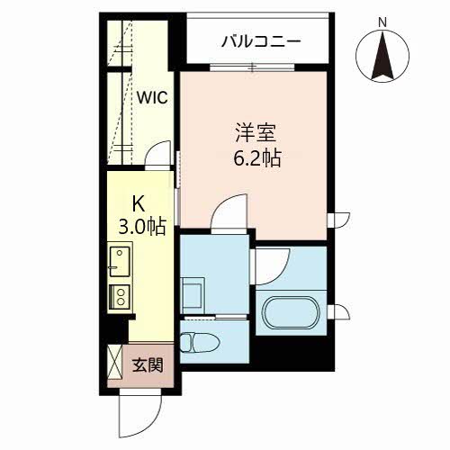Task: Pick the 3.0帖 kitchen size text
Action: pos(139,225)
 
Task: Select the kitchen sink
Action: pos(119,261)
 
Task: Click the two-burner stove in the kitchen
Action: pos(119,296)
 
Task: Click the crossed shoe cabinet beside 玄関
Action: pos(116,364)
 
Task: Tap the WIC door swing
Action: pos(159,154)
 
